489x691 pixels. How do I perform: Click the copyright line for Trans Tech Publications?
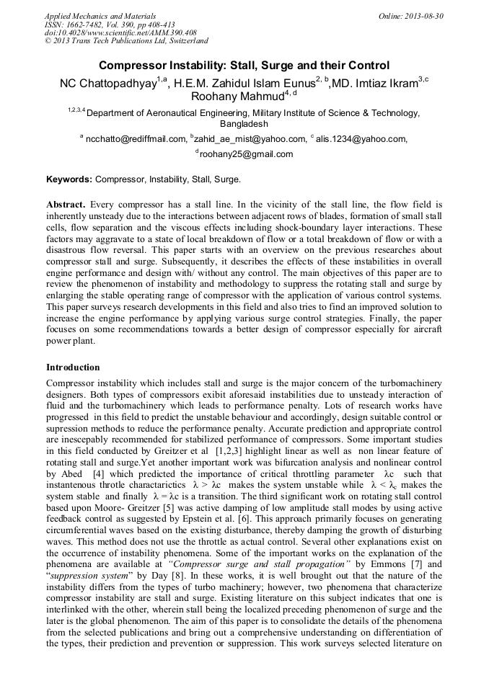pos(126,41)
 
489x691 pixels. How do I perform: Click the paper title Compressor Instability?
pos(244,65)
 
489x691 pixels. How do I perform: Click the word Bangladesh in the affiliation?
pos(244,123)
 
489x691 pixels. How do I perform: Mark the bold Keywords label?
pos(69,179)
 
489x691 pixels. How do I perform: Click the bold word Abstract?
pos(66,204)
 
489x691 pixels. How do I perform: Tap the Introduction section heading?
pos(73,367)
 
